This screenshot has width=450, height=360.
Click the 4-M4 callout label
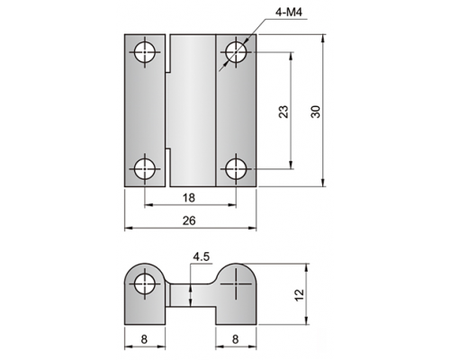(x=288, y=13)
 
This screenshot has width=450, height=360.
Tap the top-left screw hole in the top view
(x=145, y=52)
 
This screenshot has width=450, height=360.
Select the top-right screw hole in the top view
(x=236, y=52)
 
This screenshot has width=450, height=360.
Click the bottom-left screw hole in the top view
(x=145, y=169)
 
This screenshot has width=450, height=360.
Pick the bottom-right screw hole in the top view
(x=236, y=169)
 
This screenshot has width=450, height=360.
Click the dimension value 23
(x=283, y=112)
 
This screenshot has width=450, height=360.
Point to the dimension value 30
(x=316, y=112)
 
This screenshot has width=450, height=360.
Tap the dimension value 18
(x=189, y=198)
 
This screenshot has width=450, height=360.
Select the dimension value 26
(x=189, y=220)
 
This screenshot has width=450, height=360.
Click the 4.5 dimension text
(x=202, y=257)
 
